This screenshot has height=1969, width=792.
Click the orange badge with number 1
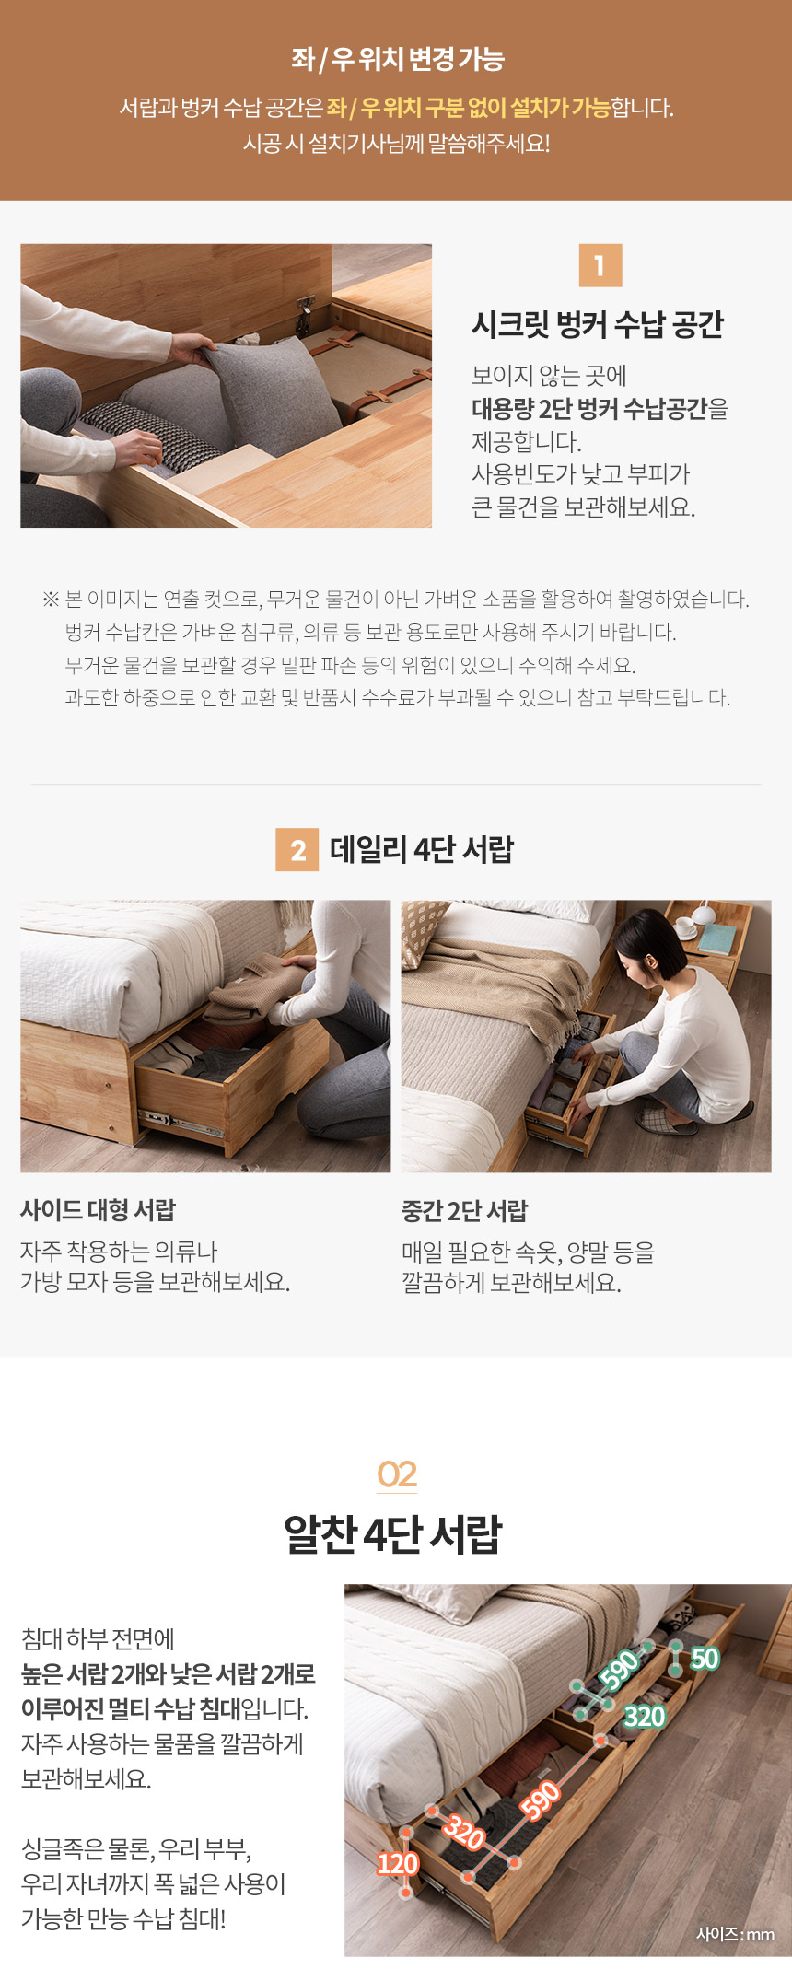coord(600,265)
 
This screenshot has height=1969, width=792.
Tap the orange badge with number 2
coord(297,849)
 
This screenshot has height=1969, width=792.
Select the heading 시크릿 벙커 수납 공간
coord(598,325)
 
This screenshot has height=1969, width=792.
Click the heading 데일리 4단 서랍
coord(422,849)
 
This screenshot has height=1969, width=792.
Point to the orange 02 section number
coord(397,1474)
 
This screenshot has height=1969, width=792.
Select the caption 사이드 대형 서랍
coord(98,1210)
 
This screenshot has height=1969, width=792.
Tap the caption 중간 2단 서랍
coord(464,1211)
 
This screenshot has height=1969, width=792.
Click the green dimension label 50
coord(705,1659)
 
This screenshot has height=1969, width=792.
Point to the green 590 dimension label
coord(621,1668)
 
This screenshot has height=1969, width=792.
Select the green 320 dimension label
coord(645,1716)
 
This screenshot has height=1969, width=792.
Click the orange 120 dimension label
coord(398,1864)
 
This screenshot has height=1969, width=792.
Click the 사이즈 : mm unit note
coord(735,1934)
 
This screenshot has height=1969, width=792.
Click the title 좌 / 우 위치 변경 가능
coord(397,59)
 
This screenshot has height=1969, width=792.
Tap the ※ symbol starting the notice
coord(51,600)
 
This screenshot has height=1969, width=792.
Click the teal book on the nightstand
coord(716,938)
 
